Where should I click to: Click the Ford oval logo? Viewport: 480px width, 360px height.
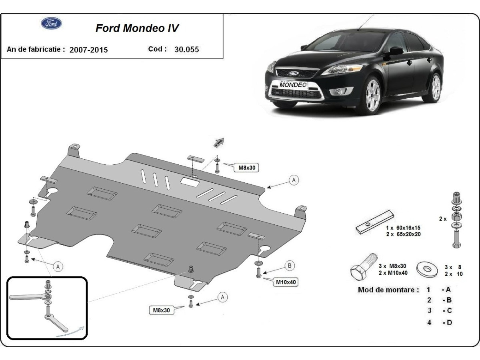[52, 23]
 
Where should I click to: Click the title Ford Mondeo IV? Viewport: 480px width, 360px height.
[137, 28]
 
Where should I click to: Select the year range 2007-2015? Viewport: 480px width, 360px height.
[88, 50]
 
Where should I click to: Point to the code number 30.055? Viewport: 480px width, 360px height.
[186, 50]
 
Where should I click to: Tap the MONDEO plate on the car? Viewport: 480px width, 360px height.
[293, 85]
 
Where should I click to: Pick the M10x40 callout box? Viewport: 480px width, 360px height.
[286, 282]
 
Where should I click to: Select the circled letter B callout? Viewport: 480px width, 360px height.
[290, 266]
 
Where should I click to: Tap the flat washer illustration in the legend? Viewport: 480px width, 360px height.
[427, 269]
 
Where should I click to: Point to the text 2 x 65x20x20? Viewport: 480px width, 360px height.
[403, 234]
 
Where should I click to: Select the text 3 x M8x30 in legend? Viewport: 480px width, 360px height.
[392, 266]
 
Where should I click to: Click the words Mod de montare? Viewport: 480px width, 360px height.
[388, 290]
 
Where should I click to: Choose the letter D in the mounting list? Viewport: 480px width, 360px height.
[448, 322]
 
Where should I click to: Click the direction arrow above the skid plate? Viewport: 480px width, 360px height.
[219, 142]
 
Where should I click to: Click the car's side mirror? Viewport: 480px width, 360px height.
[396, 51]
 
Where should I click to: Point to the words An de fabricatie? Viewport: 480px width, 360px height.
[36, 50]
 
